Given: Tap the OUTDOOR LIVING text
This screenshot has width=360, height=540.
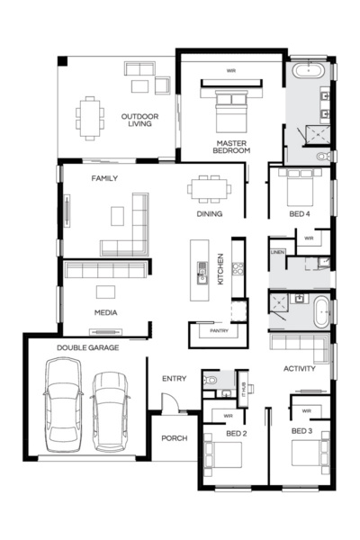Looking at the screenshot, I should coord(139,119).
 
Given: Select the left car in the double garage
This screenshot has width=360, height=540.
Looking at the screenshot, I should coord(62,402).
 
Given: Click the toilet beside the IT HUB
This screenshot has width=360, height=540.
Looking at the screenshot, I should coord(209,382).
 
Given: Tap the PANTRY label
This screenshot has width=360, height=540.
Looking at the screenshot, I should coord(220,330).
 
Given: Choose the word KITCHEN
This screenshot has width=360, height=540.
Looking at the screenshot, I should coord(220,269).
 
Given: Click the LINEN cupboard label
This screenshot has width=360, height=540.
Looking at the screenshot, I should coord(277,253).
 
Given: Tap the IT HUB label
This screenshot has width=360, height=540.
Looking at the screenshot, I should coord(244,386).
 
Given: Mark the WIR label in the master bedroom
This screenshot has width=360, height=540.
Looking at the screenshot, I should coord(231,69).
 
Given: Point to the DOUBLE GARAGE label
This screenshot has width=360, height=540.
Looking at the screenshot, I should coord(87,347).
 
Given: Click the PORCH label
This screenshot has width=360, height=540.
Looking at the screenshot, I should coord(173,438).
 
